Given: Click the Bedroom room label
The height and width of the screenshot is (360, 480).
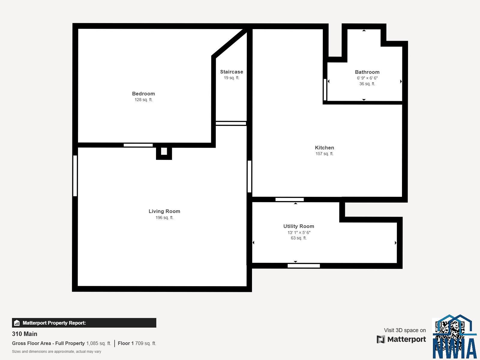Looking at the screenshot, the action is [143, 94].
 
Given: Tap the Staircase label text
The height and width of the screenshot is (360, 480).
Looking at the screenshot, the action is [232, 72].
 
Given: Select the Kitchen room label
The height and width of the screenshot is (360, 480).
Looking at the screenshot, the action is [325, 148].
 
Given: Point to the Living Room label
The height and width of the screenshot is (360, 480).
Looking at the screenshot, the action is [164, 211].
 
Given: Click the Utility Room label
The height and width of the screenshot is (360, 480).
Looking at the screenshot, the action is [299, 226].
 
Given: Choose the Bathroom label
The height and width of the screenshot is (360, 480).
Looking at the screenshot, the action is [367, 72].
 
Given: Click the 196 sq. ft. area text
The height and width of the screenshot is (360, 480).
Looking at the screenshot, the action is [164, 218].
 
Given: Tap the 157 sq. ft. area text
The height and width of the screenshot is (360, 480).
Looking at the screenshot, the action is [325, 154].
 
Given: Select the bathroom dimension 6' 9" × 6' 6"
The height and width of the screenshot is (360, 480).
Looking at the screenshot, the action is [367, 78].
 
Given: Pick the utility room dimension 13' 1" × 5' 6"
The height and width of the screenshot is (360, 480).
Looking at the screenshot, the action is [299, 232].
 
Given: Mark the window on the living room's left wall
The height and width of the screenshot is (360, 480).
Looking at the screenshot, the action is [75, 176].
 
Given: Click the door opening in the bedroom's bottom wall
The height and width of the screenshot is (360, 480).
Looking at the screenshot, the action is [138, 145].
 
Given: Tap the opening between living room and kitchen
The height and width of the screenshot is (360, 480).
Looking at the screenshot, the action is [249, 176].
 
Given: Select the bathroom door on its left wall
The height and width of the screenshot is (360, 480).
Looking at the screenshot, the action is [325, 90].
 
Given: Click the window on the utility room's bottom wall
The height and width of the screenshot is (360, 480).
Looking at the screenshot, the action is [304, 266].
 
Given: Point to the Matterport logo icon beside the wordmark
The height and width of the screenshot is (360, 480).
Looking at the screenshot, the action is [381, 339].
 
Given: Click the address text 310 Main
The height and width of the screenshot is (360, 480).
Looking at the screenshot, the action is [25, 334].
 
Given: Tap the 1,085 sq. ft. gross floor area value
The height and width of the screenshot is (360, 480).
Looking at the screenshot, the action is [99, 343].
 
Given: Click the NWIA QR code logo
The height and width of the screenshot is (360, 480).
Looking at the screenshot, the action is [454, 337].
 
